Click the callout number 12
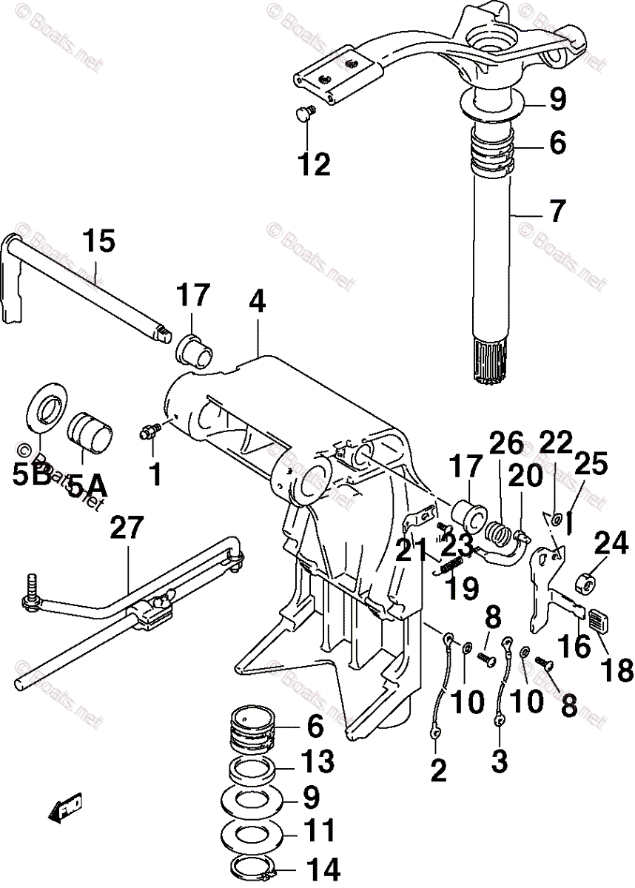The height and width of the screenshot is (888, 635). tap(314, 164)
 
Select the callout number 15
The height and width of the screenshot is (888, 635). tap(99, 243)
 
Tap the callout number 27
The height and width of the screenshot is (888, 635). tap(129, 530)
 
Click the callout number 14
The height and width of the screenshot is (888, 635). tap(321, 869)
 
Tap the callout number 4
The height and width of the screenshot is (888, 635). tap(257, 303)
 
